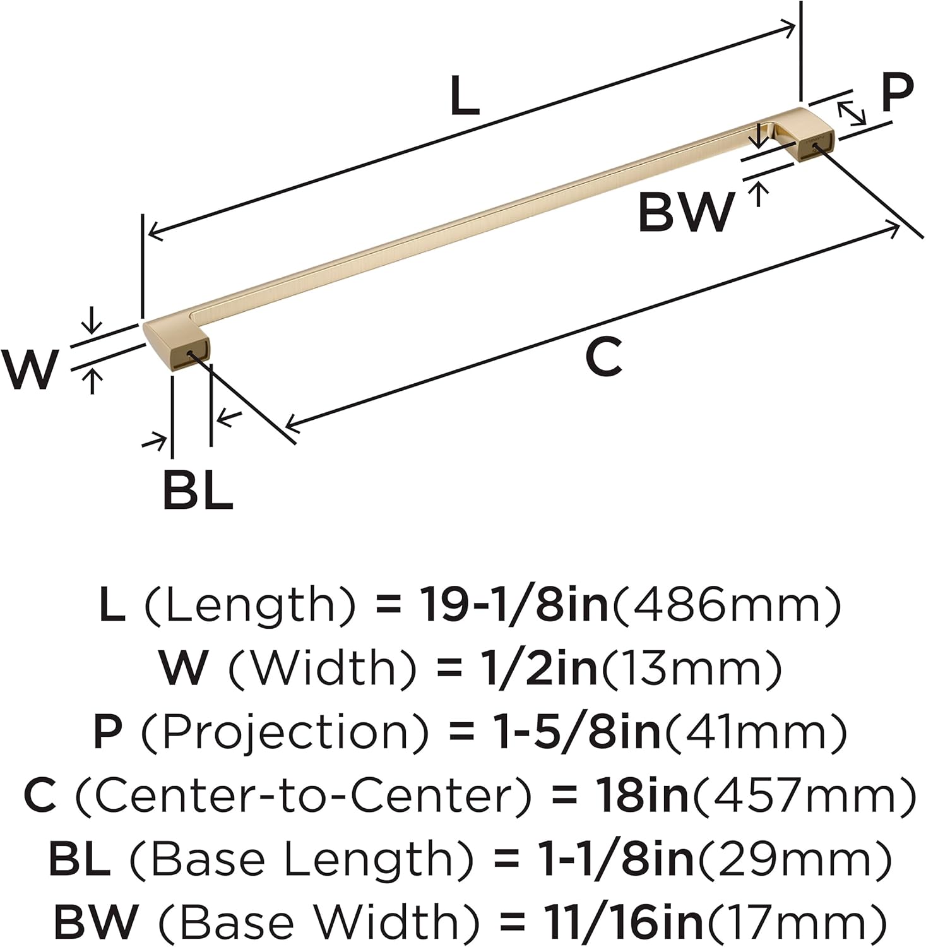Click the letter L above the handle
coord(465,96)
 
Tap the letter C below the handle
coord(603,357)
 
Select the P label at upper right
coord(896,93)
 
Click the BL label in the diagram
coord(198,490)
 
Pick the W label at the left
coord(29,370)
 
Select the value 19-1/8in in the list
coord(514,604)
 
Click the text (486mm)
coord(728,604)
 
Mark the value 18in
coord(641,795)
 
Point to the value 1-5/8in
coord(576,732)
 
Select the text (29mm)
coord(793,859)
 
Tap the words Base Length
coord(300,859)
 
